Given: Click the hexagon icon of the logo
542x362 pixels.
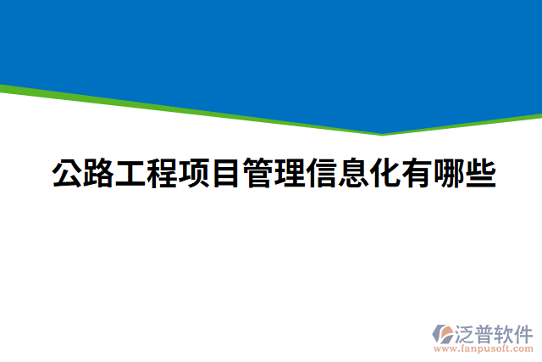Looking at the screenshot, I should tap(442, 332).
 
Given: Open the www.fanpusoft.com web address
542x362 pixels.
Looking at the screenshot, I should tap(484, 348).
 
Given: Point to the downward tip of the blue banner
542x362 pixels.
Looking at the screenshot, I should tap(383, 132).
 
